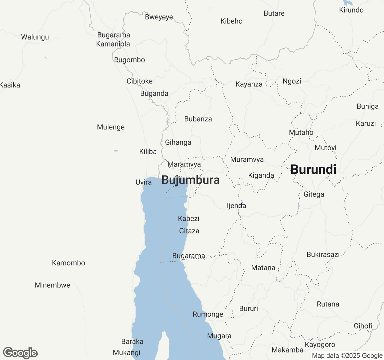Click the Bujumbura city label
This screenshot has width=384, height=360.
(190, 180)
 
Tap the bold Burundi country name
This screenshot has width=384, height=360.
(313, 169)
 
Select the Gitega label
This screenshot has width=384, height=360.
(314, 194)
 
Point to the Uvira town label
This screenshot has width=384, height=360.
(144, 182)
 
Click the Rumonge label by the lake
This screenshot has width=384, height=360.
(208, 314)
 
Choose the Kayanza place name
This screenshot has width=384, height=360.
(249, 84)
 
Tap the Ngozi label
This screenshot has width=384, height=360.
(292, 81)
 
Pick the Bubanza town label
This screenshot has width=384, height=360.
(198, 119)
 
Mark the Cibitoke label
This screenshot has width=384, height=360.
(139, 81)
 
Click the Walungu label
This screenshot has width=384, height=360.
(35, 37)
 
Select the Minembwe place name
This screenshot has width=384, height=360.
(52, 285)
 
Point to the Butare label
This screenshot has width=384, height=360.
(274, 13)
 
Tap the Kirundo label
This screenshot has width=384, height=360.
(351, 10)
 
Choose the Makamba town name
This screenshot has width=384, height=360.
(287, 350)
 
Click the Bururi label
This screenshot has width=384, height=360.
(248, 309)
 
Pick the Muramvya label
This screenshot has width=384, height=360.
(247, 160)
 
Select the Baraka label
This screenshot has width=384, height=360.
(132, 342)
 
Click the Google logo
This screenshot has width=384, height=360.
(20, 353)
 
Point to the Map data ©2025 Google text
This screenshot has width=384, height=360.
(347, 356)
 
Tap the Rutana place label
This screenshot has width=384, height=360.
(328, 304)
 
